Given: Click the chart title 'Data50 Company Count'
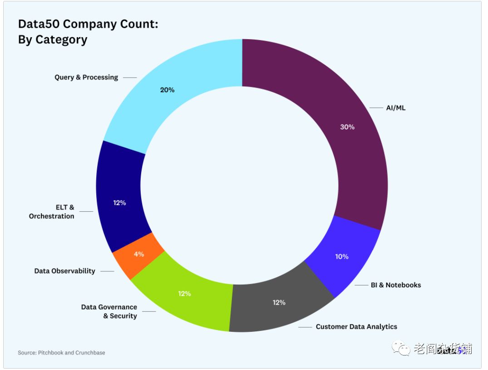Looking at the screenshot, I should [88, 24].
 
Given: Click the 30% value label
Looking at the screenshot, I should [347, 127].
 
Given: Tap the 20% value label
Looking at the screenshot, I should [167, 90].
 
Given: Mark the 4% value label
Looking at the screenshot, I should [139, 254].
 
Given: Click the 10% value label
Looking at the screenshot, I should [342, 256].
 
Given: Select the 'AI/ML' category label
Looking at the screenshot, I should [395, 108].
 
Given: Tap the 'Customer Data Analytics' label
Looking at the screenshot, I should [356, 326].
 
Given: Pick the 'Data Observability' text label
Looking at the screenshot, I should [64, 271].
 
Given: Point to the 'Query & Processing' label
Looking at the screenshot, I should [86, 77].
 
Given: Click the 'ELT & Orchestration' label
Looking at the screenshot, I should [51, 212].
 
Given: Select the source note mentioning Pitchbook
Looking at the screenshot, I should [61, 352].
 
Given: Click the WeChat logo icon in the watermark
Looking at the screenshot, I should [401, 349].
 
